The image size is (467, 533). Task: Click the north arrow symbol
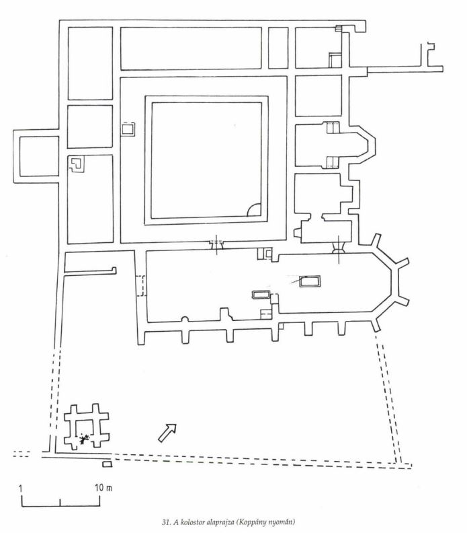pos(168,433)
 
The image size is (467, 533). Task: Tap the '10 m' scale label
pos(104,488)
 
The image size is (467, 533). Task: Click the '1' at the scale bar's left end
pos(21,489)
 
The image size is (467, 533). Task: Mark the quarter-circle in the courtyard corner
pos(254,210)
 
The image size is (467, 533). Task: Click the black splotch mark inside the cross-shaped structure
pos(84,439)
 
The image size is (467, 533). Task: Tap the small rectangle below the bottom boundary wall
pos(107,464)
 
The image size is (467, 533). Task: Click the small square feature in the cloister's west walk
pos(128,129)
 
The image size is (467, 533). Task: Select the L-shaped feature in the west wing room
pos(77,164)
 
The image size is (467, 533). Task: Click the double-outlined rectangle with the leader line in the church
pos(310,281)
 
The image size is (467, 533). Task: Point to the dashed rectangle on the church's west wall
pos(141,286)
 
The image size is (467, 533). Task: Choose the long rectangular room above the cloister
pos(191,48)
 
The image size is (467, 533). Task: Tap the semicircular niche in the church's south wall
pos(185,319)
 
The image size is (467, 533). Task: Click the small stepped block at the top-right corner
pos(339,28)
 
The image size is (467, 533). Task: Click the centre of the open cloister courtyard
pos(206,160)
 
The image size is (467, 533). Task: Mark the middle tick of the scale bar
pos(60,503)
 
